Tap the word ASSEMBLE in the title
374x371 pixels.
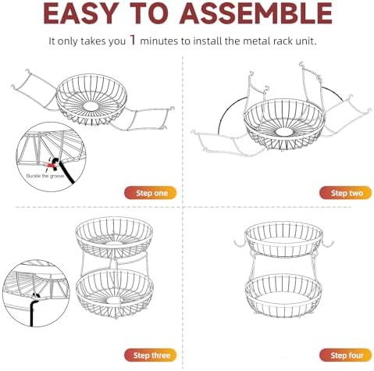coord(256,13)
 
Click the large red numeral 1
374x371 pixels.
coord(133,40)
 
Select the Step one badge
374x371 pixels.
coord(151,193)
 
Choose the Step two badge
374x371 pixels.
coord(345,193)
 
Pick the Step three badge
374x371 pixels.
coord(151,355)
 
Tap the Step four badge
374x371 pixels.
coord(345,355)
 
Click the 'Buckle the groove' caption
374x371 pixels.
coord(45,177)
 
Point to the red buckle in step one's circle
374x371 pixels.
coord(50,165)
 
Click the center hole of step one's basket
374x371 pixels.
coord(91,106)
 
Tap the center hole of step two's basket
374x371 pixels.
coord(284,132)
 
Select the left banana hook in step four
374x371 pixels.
coord(240,244)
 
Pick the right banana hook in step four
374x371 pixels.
coord(327,244)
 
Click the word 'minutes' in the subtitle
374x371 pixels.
coord(159,41)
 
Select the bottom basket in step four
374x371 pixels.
coord(283,296)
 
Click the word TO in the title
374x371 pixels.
coord(148,13)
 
